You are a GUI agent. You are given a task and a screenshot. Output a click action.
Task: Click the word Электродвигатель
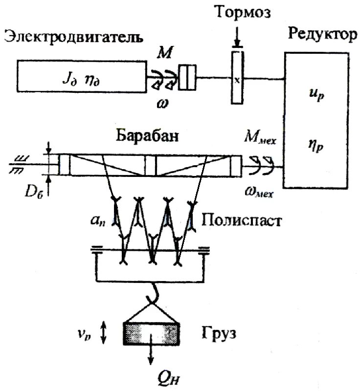pyautogui.click(x=74, y=37)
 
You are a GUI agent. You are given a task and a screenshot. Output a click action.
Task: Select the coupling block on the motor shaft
pyautogui.click(x=187, y=78)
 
